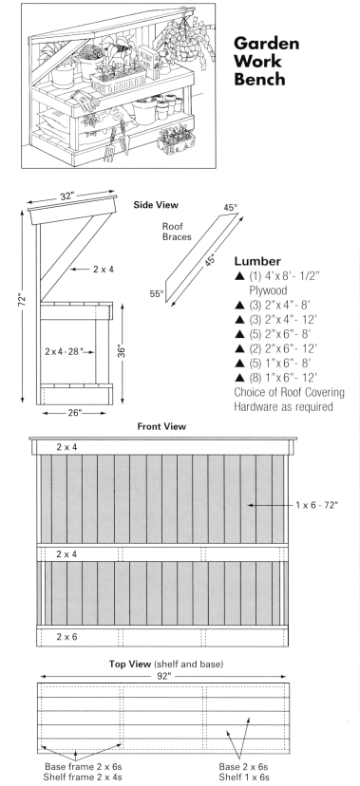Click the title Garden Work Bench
tap(266, 61)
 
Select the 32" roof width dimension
tap(66, 196)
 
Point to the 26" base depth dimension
tap(74, 414)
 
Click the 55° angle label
tap(157, 293)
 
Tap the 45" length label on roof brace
tap(210, 260)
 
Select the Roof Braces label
tap(177, 232)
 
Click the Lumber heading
tap(257, 261)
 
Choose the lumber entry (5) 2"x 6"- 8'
tap(283, 334)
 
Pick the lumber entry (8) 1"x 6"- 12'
tap(283, 378)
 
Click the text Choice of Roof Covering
tap(290, 392)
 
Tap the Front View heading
tap(161, 426)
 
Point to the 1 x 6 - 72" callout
tap(317, 505)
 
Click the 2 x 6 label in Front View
tap(66, 637)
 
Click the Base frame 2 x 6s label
tap(84, 767)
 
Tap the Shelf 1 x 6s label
tap(244, 777)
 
